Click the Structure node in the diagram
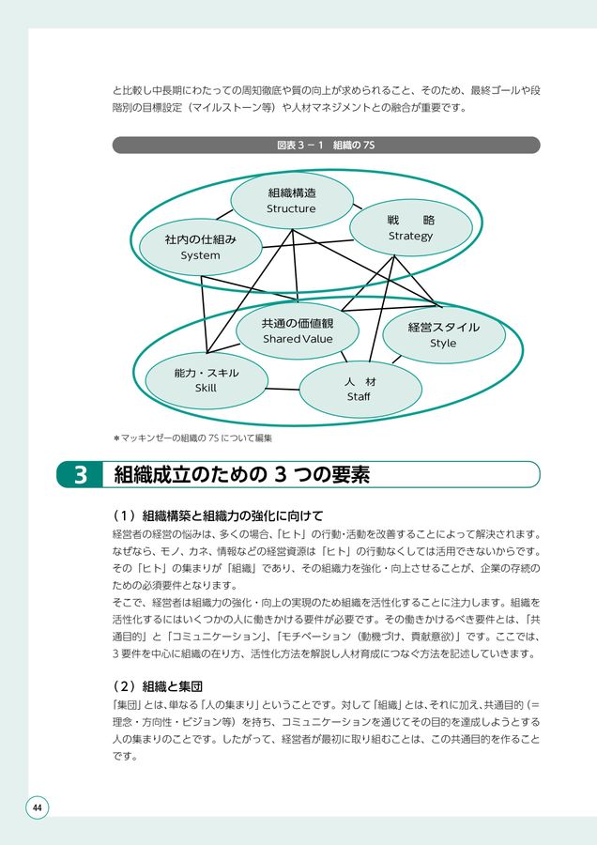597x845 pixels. (291, 200)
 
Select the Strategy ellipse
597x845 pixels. (410, 227)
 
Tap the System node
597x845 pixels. (200, 247)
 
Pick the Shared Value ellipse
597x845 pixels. (297, 330)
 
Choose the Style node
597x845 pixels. (443, 335)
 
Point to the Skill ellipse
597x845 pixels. (207, 380)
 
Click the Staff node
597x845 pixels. (359, 389)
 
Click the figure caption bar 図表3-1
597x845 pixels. (326, 146)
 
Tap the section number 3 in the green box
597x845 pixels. (81, 475)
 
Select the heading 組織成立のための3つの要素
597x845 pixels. (241, 475)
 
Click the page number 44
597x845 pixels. (37, 808)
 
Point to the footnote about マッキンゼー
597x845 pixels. (192, 438)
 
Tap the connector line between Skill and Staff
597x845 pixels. (282, 388)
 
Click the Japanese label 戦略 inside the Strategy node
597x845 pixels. (410, 220)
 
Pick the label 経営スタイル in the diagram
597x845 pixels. (443, 328)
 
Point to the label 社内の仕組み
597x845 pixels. (200, 239)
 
